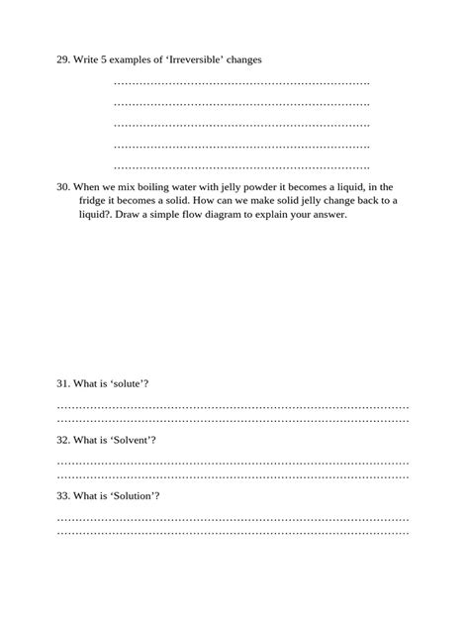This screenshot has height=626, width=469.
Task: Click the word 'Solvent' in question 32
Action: click(134, 439)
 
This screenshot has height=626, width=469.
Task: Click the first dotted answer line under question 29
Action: click(241, 83)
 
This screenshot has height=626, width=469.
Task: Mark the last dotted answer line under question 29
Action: click(241, 166)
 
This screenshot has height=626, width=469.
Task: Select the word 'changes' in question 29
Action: click(243, 60)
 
